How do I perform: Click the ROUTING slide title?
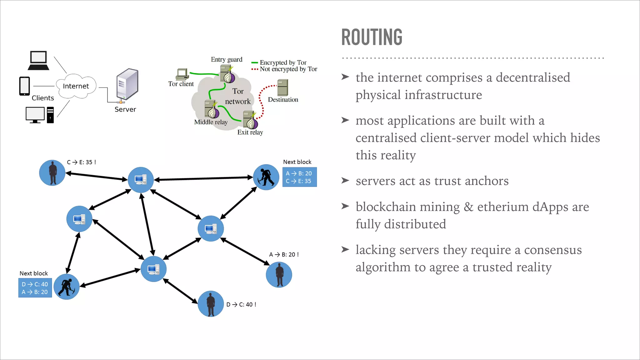pos(372,37)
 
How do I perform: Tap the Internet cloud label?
pos(76,86)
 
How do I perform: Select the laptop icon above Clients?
pos(38,61)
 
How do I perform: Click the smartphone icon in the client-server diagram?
pos(24,86)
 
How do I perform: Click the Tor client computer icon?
pos(182,74)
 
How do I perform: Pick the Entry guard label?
pos(226,59)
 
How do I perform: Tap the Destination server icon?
pos(282,87)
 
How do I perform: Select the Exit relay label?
pos(250,132)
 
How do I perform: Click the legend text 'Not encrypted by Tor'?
pos(288,69)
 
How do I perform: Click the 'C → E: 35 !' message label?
pos(81,162)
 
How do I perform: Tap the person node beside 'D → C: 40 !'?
pos(211,304)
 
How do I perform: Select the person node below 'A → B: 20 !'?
pos(279,275)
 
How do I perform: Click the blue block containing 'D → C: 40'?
pos(35,288)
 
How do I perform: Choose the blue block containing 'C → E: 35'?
pos(299,177)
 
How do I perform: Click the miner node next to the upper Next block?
pos(266,177)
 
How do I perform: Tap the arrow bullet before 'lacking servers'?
pos(345,249)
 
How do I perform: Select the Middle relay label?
pos(211,122)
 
